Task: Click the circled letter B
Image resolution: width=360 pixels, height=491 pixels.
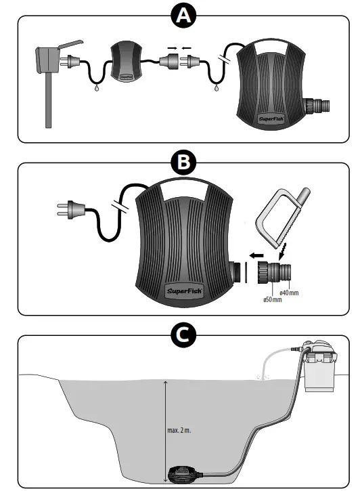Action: pos(179,163)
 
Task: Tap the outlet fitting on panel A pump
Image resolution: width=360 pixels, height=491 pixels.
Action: pos(318,105)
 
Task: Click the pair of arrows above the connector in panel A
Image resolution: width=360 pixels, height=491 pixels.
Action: pos(173,49)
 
